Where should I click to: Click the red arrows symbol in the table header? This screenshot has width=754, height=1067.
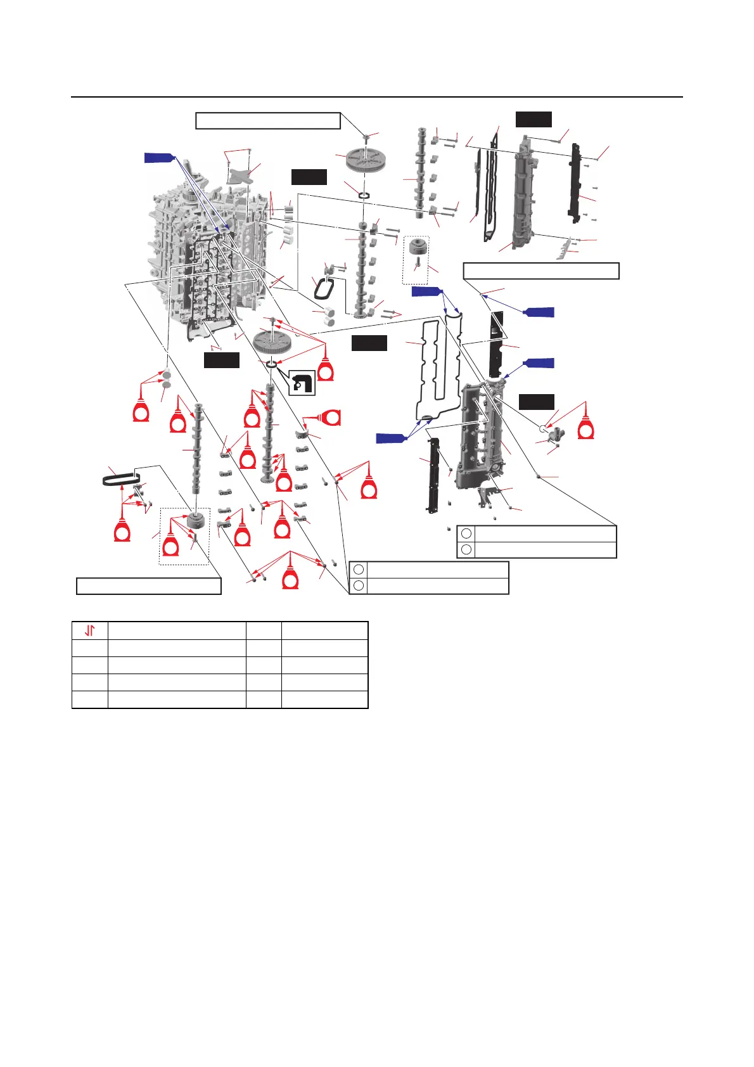[x=90, y=630]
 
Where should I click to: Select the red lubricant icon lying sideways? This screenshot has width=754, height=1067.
[x=330, y=417]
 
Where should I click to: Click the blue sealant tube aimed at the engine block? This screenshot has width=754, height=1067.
[x=158, y=158]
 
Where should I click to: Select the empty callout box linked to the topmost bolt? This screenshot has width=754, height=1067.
[x=268, y=120]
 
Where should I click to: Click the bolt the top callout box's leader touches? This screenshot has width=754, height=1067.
[x=366, y=137]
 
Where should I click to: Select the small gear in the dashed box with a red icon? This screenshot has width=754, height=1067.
[x=191, y=524]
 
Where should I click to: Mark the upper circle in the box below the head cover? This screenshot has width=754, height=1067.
[x=466, y=533]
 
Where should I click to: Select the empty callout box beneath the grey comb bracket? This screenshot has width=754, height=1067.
[x=540, y=271]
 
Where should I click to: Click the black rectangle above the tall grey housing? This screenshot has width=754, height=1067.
[x=534, y=119]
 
